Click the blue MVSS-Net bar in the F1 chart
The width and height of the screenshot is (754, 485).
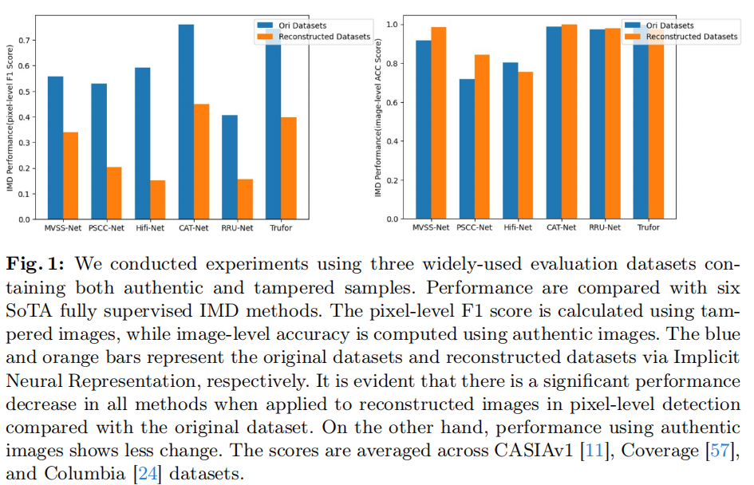(x=55, y=148)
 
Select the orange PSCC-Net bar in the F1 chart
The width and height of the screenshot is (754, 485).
(x=114, y=193)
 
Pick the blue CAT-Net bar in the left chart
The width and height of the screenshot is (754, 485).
(x=186, y=121)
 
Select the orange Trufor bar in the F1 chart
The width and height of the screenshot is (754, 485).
(x=288, y=168)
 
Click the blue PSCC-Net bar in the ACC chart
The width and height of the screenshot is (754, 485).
(x=467, y=148)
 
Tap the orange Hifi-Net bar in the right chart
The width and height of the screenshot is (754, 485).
(x=526, y=145)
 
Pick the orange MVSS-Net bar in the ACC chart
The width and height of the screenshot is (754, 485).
(x=439, y=123)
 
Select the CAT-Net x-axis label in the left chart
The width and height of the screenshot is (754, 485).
(x=194, y=228)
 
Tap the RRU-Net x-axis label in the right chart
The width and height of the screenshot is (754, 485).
(x=605, y=228)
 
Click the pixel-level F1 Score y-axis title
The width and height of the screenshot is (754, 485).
(x=10, y=120)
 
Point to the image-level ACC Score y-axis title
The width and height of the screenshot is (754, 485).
(x=378, y=120)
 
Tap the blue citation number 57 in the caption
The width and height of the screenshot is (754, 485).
(x=720, y=451)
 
